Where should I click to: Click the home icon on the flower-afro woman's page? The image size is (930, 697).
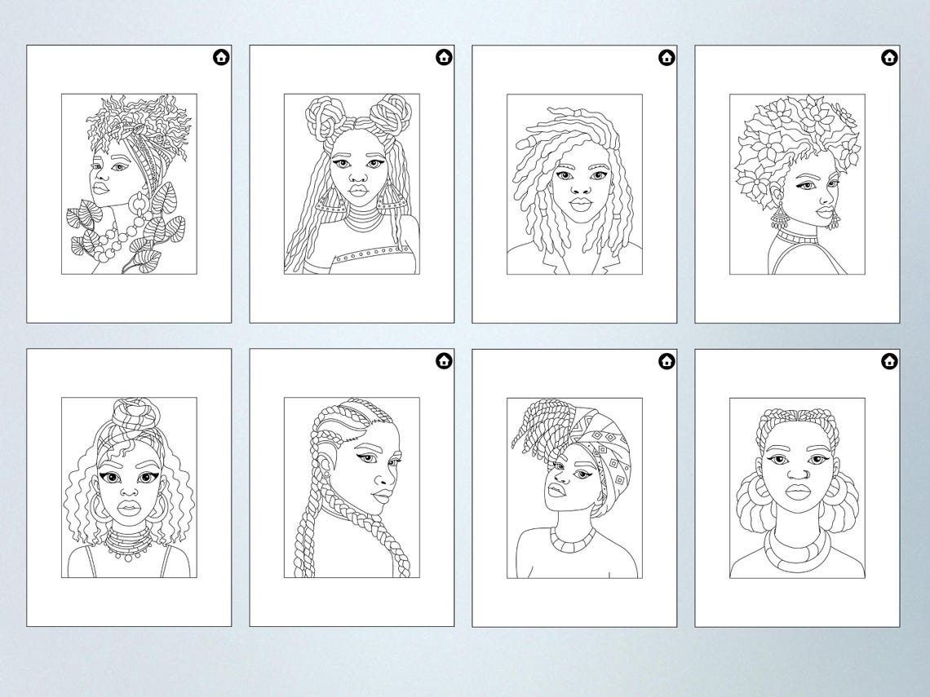(x=888, y=57)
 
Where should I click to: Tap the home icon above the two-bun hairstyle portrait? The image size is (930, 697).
(x=443, y=57)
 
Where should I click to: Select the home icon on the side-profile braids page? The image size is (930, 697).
(x=443, y=360)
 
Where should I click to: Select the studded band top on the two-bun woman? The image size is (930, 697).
(x=359, y=258)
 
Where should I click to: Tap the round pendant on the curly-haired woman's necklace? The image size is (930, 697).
(x=127, y=554)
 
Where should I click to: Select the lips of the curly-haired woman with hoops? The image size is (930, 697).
(x=128, y=507)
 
